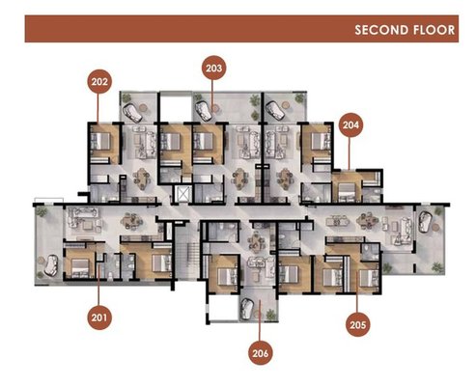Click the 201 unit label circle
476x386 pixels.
99,317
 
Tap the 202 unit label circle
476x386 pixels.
99,81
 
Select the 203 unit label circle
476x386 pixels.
213,68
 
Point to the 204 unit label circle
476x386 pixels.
350,124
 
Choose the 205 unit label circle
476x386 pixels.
358,324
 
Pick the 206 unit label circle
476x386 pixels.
260,353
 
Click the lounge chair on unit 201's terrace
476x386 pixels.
50,265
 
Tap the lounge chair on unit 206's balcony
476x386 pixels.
248,308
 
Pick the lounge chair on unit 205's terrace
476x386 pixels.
424,221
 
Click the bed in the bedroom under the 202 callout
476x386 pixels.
100,141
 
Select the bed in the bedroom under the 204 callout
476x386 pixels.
345,190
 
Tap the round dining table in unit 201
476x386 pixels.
131,221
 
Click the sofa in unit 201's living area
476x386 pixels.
82,212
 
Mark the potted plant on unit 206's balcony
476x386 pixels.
270,315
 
